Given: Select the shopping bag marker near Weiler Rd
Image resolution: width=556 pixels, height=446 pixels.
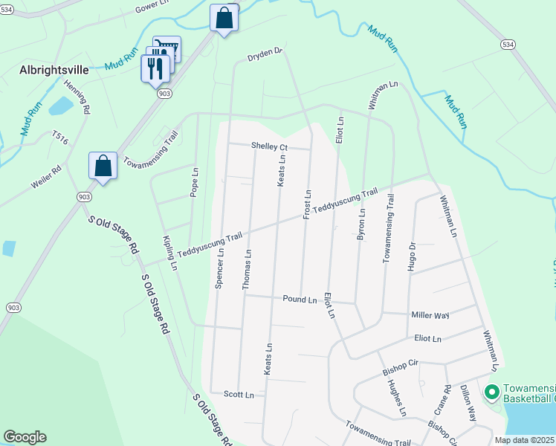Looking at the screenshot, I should coord(103,167).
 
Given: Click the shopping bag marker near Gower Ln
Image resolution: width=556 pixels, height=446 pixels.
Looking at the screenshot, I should coord(224,18).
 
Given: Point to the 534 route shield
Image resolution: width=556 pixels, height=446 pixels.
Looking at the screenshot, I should coord(508,45).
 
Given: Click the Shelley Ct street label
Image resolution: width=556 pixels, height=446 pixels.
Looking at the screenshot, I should coord(269,146).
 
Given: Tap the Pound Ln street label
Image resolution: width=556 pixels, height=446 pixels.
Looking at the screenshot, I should coord(300,299).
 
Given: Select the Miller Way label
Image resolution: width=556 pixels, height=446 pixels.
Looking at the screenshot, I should coord(431,315).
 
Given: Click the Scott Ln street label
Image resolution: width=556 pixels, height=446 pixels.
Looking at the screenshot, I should coord(239,394).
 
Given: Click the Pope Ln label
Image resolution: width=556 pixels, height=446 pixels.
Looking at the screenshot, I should coord(195,181).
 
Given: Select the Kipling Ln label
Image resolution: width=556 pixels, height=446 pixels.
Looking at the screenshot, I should coord(170,253).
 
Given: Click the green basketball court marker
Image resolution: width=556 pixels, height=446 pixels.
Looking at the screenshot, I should coord(491,391).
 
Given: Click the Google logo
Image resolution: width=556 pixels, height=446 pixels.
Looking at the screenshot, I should coord(25,437).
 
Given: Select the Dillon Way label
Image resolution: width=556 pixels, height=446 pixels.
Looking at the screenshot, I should coord(468,403).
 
